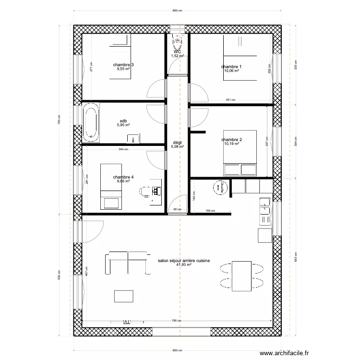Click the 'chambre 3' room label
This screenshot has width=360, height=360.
point(123,65)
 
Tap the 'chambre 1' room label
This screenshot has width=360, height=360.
point(231,67)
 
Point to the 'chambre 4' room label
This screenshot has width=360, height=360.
point(123,177)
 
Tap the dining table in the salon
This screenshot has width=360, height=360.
point(241,275)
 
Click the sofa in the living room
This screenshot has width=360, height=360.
point(126,263)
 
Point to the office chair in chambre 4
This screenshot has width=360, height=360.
point(144,192)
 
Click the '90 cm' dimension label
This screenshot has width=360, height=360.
point(178,210)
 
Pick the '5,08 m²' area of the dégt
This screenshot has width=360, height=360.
point(177,147)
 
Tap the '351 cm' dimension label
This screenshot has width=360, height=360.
point(230,100)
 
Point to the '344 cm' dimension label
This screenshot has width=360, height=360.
point(123,149)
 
